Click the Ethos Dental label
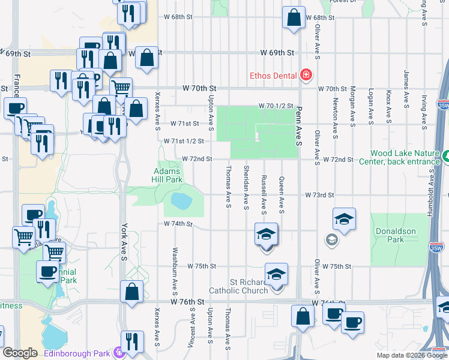point(274,76)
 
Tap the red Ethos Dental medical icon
point(306,75)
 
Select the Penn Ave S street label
point(298,128)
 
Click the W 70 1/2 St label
point(276,106)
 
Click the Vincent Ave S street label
point(192,328)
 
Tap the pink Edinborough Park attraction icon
point(119,353)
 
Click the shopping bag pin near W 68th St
point(294,19)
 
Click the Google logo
point(20,353)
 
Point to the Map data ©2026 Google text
point(412,355)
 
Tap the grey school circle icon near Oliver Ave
point(331,240)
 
